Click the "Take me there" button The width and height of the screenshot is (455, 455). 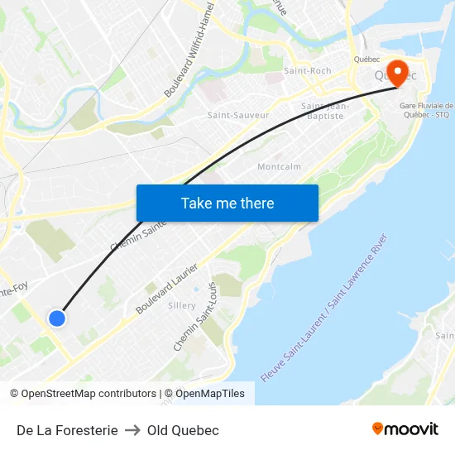pos(227,203)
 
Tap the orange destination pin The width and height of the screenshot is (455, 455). pos(396,72)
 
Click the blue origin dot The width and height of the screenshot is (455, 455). pos(56,318)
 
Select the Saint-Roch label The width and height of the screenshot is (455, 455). pos(307,71)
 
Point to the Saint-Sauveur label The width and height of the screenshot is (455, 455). pos(238,116)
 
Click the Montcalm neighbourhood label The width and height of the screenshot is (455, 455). pos(279,166)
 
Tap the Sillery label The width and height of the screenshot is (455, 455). pos(182,305)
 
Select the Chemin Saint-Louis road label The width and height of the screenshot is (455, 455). pos(195,317)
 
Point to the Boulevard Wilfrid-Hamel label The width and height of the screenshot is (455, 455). pos(189,49)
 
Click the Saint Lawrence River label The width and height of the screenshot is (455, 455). pos(324,308)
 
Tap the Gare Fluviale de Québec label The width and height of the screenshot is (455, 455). pos(426,110)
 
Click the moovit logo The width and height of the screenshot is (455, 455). pos(405,429)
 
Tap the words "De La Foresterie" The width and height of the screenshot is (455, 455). pos(67,430)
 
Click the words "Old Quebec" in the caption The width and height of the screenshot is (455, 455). pos(183,430)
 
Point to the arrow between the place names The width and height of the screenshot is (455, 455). pos(132,430)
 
